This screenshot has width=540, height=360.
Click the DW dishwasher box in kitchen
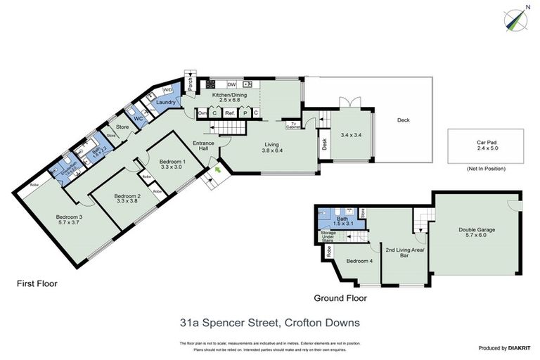(x=231, y=84)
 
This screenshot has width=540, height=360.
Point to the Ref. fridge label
(x=230, y=112)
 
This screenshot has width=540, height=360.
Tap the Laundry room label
(x=165, y=102)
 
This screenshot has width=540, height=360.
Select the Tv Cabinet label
(x=294, y=126)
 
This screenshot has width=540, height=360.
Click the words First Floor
(x=37, y=284)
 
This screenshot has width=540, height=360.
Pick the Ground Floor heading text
(x=340, y=297)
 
